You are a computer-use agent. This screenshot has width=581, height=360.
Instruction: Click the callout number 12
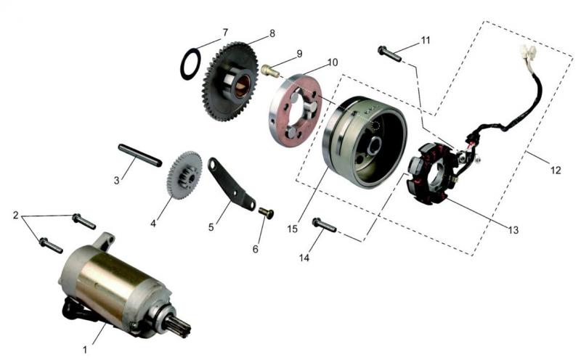tap(556, 170)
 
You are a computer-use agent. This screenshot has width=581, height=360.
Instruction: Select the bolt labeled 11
tap(389, 54)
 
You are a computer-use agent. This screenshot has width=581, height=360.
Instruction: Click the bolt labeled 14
tap(324, 225)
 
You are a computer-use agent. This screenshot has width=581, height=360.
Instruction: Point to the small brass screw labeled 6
tap(267, 213)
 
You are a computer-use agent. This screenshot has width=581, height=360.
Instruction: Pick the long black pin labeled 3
tap(139, 155)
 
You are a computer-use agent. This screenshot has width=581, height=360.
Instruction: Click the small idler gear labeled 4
tap(185, 175)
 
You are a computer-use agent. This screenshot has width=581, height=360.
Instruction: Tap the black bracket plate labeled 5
tap(230, 184)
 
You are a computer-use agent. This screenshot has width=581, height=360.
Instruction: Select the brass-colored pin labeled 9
tap(271, 70)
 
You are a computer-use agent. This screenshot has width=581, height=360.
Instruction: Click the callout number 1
tap(85, 349)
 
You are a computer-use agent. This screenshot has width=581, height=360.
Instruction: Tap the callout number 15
tap(293, 229)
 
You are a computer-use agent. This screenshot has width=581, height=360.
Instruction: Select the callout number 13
tap(513, 230)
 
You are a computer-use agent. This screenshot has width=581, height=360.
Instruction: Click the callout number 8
tap(272, 33)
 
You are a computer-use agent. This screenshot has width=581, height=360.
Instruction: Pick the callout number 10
tap(333, 62)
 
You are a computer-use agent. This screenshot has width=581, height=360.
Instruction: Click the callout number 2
tap(15, 215)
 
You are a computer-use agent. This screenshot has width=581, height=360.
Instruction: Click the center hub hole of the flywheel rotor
tap(374, 146)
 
